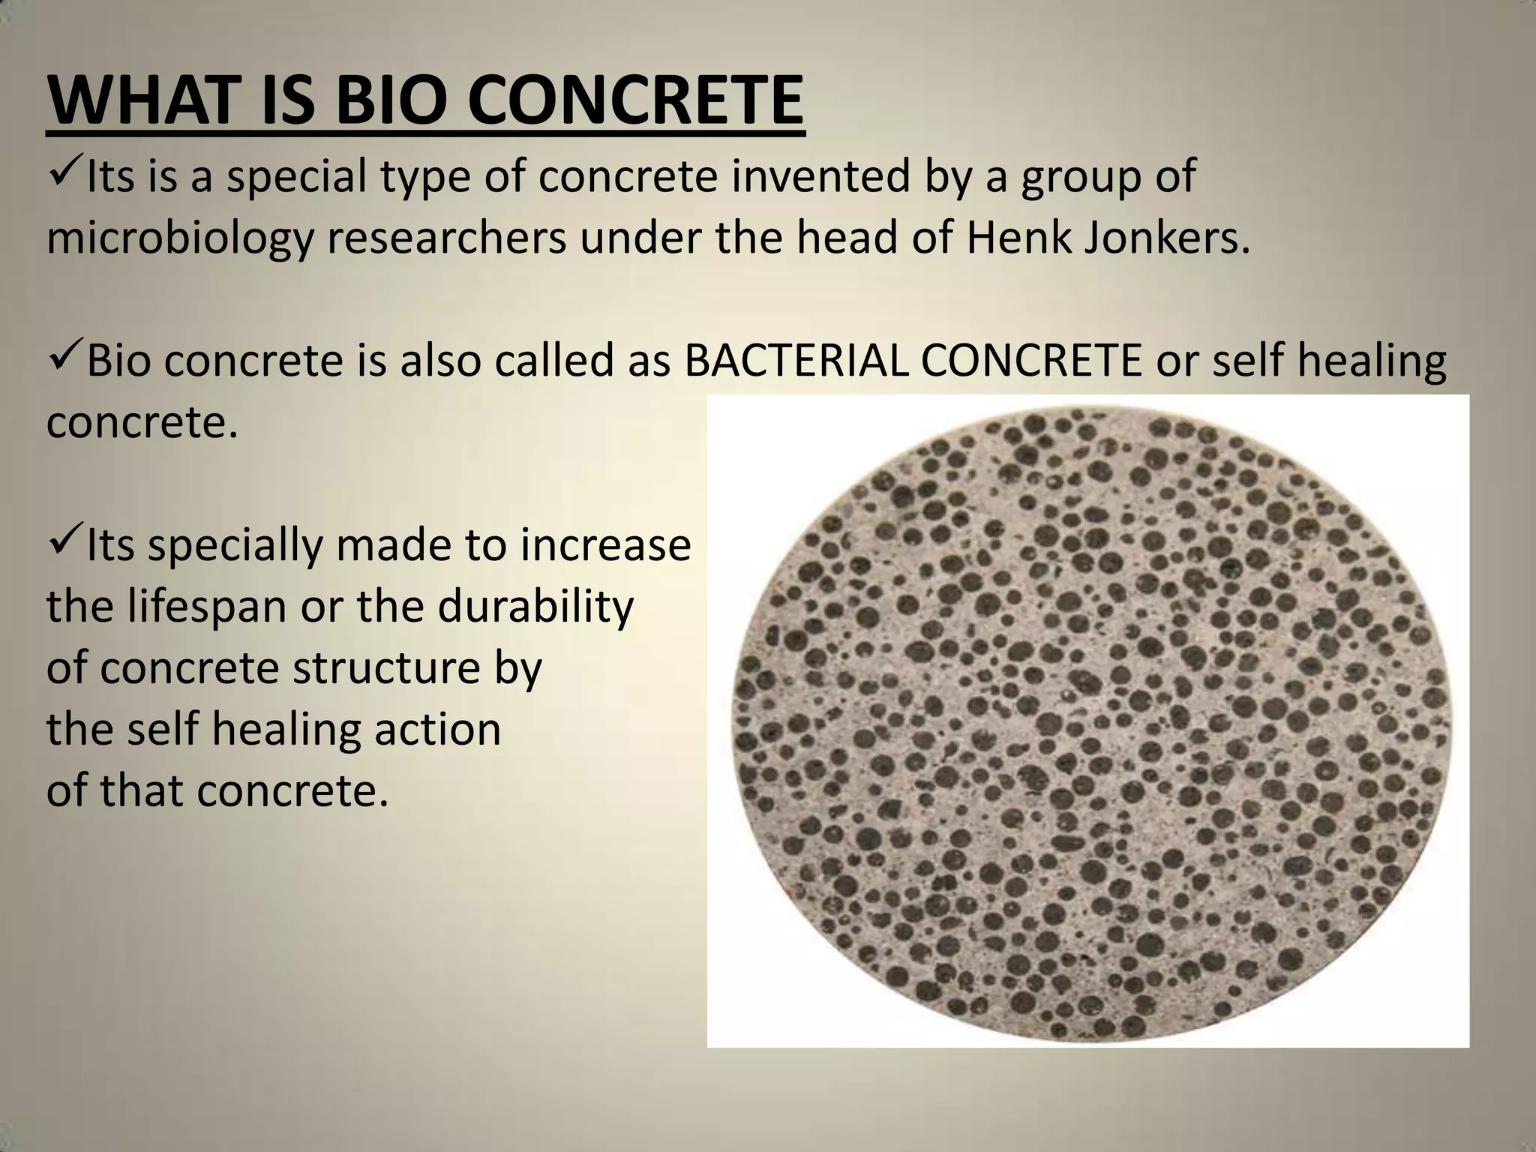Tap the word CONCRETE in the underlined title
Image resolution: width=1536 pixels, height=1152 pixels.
[636, 100]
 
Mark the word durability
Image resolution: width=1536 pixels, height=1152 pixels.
[535, 606]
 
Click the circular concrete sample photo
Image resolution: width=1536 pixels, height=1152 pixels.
[1087, 720]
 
